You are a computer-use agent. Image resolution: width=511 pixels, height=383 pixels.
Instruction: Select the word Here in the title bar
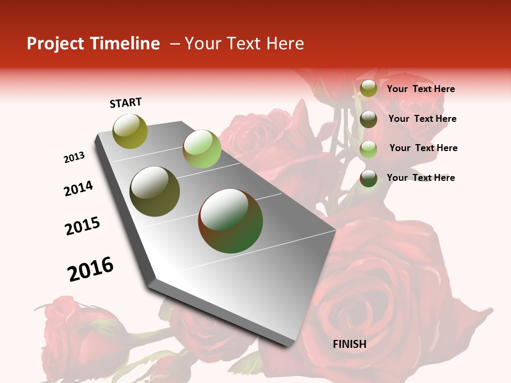click(285, 44)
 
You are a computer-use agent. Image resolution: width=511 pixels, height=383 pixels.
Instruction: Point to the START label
click(126, 103)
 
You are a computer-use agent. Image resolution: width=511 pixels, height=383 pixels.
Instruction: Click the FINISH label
click(349, 344)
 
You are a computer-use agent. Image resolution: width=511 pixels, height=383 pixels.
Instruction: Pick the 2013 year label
click(74, 157)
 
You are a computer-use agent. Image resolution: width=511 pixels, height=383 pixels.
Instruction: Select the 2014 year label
click(78, 188)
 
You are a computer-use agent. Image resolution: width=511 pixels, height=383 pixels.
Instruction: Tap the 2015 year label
click(82, 226)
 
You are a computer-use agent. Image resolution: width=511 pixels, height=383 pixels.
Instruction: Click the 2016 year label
click(90, 269)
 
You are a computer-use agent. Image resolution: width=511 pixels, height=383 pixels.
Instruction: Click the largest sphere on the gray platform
click(230, 221)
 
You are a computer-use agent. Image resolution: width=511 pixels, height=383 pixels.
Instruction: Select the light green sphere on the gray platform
click(202, 149)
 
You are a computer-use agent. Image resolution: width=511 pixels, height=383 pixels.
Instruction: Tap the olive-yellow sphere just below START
click(130, 131)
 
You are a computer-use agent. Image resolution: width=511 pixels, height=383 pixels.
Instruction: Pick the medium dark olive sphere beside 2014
click(155, 191)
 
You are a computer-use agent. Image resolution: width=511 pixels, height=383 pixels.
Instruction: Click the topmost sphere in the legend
click(368, 89)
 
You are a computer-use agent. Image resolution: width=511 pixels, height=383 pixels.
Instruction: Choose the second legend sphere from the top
click(368, 119)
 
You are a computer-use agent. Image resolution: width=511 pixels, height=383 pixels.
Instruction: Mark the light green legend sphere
click(368, 149)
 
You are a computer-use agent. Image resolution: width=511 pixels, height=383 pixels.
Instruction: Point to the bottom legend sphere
click(368, 178)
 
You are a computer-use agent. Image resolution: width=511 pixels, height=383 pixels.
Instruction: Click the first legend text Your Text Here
click(421, 89)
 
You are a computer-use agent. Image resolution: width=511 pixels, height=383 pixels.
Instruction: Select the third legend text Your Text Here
click(423, 148)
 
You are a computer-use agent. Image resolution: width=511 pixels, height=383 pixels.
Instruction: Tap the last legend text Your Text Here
click(421, 178)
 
